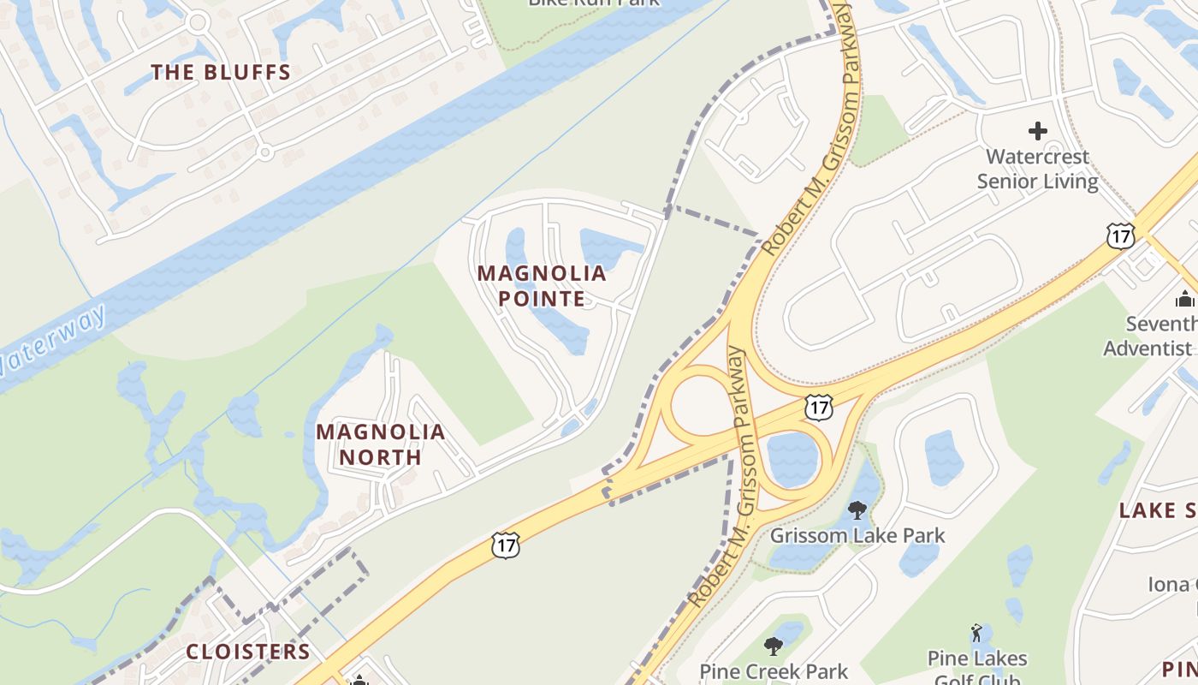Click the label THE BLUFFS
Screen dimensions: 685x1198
pos(222,73)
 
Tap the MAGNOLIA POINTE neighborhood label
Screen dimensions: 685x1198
pos(542,286)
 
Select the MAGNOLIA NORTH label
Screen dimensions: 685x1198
pos(381,444)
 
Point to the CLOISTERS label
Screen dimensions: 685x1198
pos(248,652)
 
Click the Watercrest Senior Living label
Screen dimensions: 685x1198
pos(1037,169)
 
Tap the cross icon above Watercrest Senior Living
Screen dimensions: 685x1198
pos(1038,131)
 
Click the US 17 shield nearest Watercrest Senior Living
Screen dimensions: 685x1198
pos(1120,235)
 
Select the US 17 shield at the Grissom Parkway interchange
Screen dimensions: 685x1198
pos(819,408)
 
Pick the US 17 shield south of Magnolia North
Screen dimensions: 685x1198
pos(506,545)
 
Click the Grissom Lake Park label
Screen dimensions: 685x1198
pos(857,536)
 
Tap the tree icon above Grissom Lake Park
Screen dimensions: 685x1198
pos(857,510)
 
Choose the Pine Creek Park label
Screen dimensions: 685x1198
pos(774,671)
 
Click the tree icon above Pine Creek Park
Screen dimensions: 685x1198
pos(774,645)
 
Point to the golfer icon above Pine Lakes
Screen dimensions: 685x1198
pos(977,634)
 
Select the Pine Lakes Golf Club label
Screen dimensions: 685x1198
pos(977,669)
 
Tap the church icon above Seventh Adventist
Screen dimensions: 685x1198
pos(1185,299)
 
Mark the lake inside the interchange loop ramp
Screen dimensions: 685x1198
pos(792,460)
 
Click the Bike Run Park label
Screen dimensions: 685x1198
pos(594,3)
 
